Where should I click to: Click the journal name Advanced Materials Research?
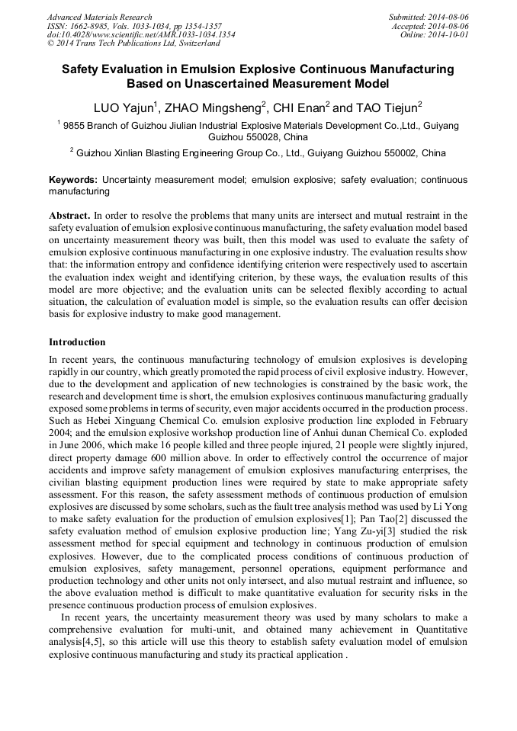pos(99,17)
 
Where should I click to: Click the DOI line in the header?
pos(141,34)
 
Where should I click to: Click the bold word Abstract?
pos(71,216)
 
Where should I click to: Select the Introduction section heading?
pos(77,342)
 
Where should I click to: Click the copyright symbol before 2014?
pos(51,43)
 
